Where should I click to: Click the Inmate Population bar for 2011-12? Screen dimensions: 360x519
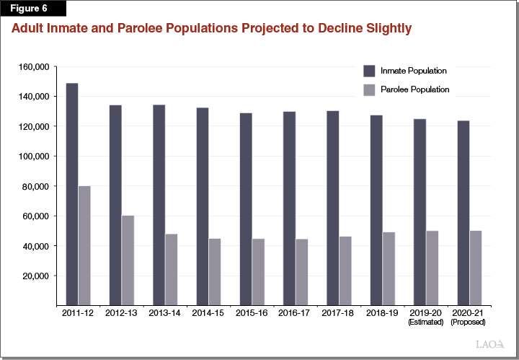coord(72,194)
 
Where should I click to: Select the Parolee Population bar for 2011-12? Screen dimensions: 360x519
coord(85,245)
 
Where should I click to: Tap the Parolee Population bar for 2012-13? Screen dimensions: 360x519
coord(128,260)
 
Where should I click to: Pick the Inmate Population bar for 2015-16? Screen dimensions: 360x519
coord(245,208)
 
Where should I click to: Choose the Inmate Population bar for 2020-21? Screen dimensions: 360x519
coord(463,213)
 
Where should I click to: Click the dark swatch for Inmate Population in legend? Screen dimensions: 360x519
coord(370,71)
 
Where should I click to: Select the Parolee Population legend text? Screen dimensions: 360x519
coord(415,89)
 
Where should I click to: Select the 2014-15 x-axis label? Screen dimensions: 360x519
coord(208,313)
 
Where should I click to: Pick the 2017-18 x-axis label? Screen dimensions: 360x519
coord(338,313)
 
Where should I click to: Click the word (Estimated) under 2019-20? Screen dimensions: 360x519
coord(425,322)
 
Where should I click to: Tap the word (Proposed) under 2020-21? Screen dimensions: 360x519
coord(469,322)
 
